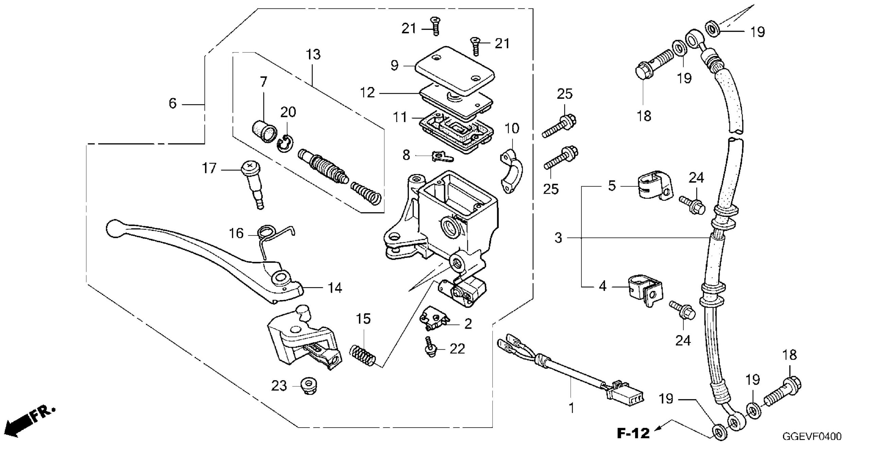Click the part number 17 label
coord(209,168)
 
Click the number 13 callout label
coord(313,54)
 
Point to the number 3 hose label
coord(558,238)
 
